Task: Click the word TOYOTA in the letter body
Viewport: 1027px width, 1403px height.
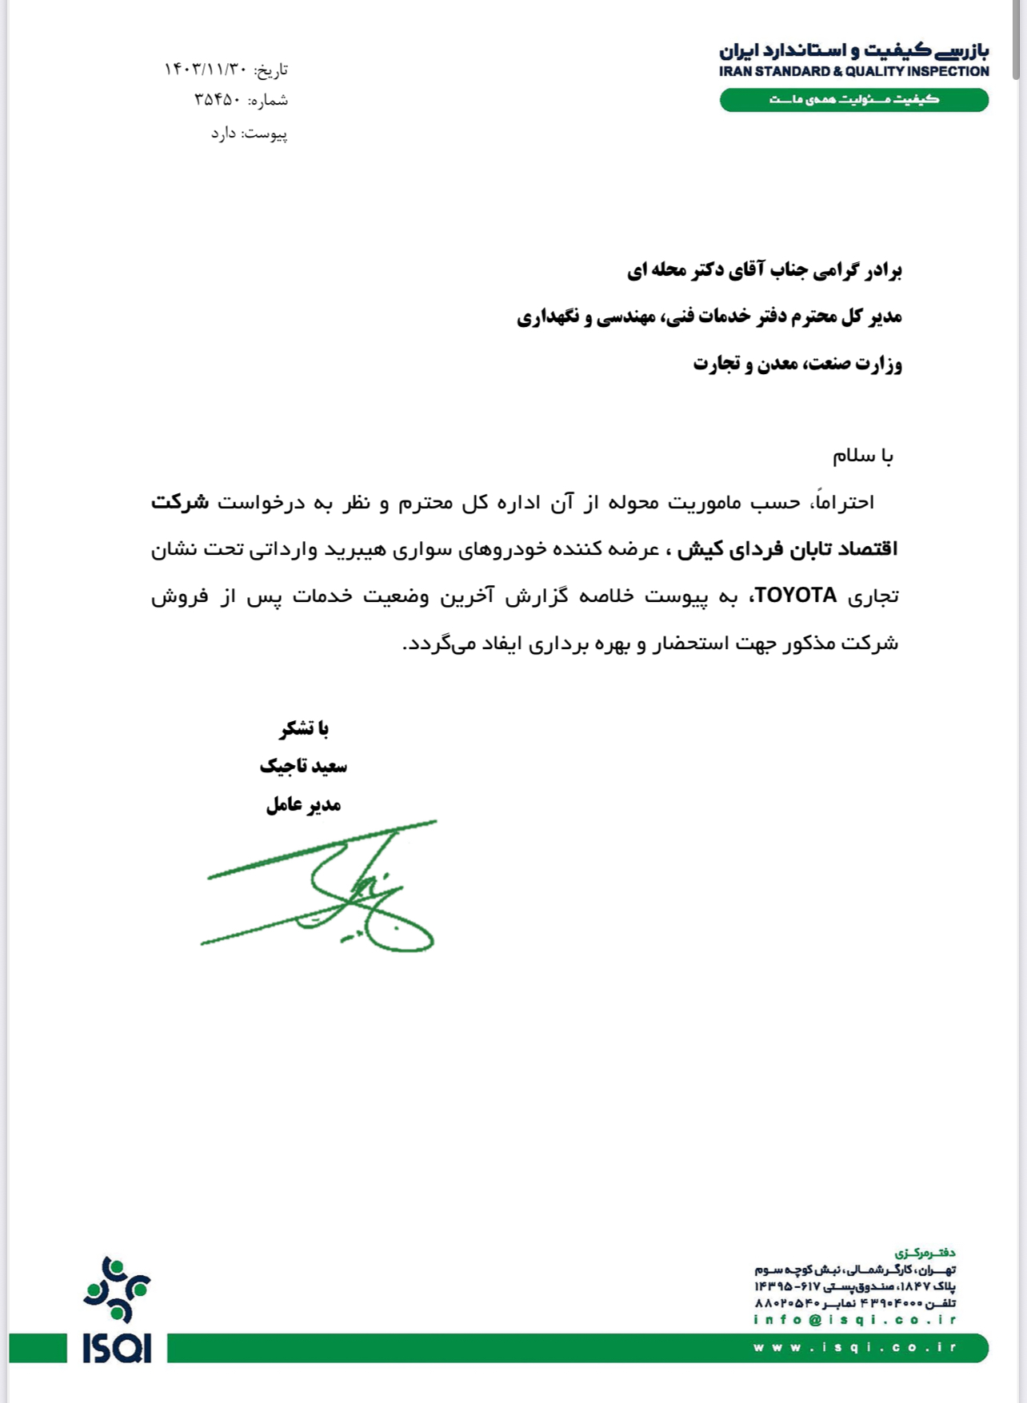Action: click(796, 596)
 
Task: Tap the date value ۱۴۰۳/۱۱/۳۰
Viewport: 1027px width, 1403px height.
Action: click(205, 70)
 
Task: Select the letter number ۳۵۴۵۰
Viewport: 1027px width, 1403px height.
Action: click(217, 100)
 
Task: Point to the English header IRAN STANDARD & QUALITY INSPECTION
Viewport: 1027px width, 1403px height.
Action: click(853, 71)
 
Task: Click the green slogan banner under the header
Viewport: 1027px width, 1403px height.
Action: click(853, 100)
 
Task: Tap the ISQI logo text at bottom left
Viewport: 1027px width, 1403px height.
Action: click(117, 1348)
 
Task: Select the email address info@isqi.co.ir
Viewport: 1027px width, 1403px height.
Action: click(854, 1320)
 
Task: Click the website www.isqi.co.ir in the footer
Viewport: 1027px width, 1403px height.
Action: click(854, 1347)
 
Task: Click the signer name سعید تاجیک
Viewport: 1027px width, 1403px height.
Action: click(303, 766)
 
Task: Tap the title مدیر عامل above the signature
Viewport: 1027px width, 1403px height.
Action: click(303, 804)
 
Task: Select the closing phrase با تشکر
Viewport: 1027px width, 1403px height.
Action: click(304, 728)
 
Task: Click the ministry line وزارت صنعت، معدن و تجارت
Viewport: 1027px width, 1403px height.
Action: click(797, 364)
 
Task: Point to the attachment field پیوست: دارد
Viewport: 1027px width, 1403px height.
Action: click(249, 134)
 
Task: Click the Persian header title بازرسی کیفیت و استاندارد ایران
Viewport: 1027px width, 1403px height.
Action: click(853, 50)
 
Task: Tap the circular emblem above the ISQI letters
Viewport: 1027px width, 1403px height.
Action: click(117, 1289)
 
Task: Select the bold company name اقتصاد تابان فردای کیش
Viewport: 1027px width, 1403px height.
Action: click(787, 549)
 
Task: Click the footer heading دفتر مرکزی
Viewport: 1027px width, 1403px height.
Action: click(925, 1253)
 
